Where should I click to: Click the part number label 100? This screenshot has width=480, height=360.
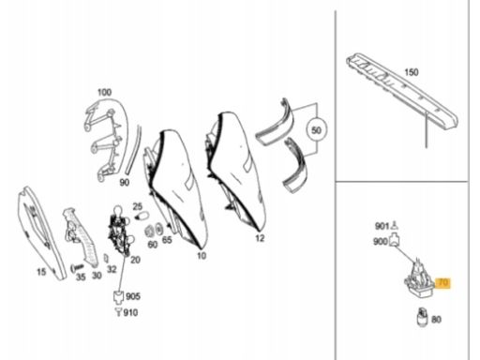click(104, 92)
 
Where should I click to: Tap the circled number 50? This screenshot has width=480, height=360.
click(316, 130)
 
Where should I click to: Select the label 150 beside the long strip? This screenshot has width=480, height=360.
click(412, 72)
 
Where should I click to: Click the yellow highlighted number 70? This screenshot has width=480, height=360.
click(443, 283)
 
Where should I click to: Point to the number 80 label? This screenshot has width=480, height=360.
click(436, 320)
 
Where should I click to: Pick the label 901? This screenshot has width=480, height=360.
click(382, 226)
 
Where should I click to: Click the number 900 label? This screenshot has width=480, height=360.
click(381, 242)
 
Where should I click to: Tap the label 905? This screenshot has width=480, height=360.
click(133, 296)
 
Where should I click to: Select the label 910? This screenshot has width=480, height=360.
click(130, 312)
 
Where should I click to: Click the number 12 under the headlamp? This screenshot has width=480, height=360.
click(260, 238)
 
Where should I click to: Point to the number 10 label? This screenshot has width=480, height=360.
click(202, 256)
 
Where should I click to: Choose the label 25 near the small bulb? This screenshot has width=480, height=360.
click(138, 206)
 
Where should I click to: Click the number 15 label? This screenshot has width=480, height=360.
click(41, 272)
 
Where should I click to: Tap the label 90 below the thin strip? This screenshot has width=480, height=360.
click(125, 183)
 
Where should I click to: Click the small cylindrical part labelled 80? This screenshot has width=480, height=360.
click(422, 316)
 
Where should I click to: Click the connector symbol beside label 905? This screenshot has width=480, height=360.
click(118, 296)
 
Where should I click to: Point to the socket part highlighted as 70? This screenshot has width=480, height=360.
click(419, 278)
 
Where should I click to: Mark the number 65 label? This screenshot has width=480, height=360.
click(167, 240)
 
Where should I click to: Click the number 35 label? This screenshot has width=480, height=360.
click(81, 277)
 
